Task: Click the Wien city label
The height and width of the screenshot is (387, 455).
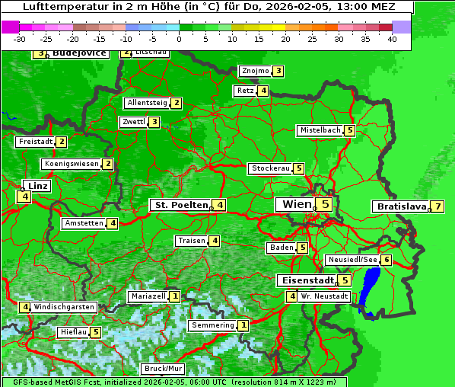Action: tap(297, 204)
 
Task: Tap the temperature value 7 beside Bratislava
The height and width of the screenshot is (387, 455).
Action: tap(438, 206)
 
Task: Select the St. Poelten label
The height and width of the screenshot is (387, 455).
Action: tap(180, 205)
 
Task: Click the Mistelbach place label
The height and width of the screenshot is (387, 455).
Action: tap(320, 130)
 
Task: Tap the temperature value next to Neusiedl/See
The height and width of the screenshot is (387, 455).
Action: tap(387, 260)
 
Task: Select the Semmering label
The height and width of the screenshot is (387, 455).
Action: tap(213, 325)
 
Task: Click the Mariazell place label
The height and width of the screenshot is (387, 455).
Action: tap(148, 296)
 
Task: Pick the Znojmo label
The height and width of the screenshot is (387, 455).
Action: tap(255, 71)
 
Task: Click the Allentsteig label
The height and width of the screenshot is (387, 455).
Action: tap(148, 103)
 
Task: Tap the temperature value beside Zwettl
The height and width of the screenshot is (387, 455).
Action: tap(154, 122)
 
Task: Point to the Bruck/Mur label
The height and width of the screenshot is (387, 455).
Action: tap(164, 369)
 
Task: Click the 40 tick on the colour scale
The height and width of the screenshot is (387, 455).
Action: tap(392, 39)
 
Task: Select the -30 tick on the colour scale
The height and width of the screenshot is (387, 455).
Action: tap(20, 39)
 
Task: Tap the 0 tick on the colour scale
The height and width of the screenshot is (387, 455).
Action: tap(179, 39)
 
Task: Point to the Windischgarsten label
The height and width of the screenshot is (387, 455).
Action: tap(64, 307)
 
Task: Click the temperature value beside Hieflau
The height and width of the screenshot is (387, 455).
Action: tap(95, 332)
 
